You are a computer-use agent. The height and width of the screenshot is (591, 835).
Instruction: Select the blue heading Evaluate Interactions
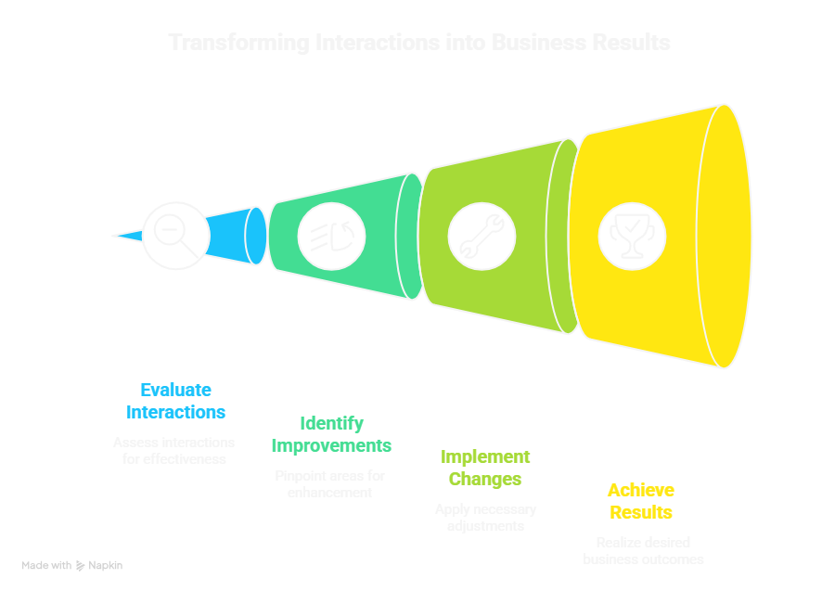coord(176,401)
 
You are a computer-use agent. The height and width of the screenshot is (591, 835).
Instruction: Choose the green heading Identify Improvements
coord(331,434)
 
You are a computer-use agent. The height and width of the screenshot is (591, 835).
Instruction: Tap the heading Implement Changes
coord(485,468)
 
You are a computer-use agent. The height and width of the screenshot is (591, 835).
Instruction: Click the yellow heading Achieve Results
coord(641,501)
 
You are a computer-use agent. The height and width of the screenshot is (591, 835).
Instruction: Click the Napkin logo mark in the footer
coord(81,565)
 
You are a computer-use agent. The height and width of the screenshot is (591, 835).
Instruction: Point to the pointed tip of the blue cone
coord(114,236)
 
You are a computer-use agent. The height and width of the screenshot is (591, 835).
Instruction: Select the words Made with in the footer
coord(46,565)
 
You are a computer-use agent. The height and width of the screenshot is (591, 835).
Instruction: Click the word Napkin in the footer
coord(106,565)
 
